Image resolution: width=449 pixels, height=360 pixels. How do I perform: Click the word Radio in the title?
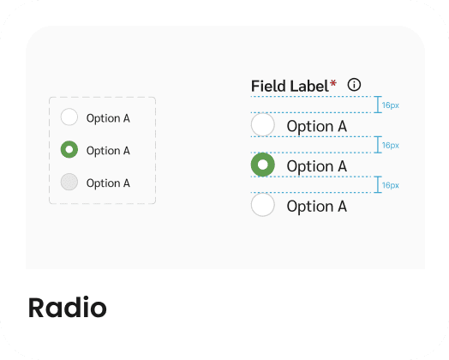68,308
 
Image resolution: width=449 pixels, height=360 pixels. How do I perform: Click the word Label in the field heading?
308,86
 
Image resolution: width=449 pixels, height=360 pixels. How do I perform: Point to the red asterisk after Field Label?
333,84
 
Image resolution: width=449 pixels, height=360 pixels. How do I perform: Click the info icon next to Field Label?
354,85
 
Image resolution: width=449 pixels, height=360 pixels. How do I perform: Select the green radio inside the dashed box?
69,149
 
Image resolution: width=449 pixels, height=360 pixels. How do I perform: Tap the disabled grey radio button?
69,182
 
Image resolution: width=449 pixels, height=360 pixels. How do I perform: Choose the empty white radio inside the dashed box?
69,117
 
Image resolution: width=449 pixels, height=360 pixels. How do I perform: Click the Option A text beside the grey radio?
108,183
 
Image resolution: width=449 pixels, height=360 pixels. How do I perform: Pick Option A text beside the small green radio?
108,151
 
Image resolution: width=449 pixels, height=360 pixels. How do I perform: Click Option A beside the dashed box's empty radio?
108,118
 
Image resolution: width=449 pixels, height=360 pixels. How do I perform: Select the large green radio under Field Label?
263,165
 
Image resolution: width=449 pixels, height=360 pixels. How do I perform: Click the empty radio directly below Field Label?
263,124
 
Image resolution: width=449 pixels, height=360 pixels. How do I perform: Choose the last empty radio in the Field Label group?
263,205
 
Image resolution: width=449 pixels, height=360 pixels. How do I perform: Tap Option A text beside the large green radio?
317,166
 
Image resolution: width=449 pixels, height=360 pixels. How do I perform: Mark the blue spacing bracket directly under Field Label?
378,105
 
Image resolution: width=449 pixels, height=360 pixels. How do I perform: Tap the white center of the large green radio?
263,165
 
